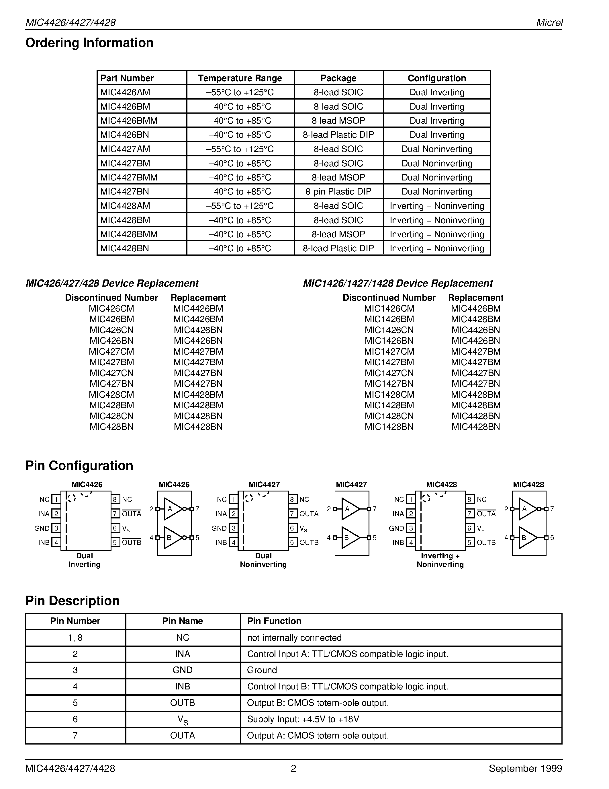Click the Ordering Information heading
click(89, 43)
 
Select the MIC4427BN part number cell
click(124, 191)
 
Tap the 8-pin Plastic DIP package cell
click(338, 191)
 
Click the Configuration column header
click(436, 78)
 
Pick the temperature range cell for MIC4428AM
click(240, 206)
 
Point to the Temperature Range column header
click(240, 78)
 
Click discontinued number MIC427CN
click(111, 373)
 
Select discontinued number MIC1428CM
click(389, 394)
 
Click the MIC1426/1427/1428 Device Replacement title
click(397, 283)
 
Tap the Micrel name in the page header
click(549, 22)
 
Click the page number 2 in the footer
click(293, 768)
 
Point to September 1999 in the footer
click(525, 768)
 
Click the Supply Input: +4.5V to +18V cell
click(303, 719)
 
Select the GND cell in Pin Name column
click(183, 670)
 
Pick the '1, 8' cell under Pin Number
click(75, 638)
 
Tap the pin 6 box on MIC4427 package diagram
click(293, 528)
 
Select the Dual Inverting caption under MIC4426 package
click(85, 560)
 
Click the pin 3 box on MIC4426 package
click(56, 528)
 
